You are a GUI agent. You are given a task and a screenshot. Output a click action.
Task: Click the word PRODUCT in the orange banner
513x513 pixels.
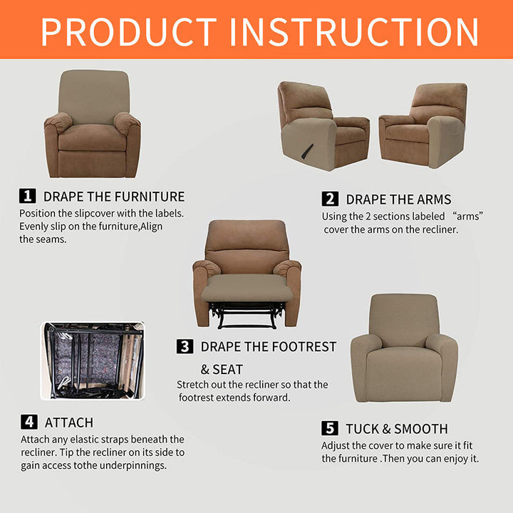pyautogui.click(x=128, y=32)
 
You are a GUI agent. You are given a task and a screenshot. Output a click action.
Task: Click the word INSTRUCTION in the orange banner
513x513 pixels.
pyautogui.click(x=354, y=32)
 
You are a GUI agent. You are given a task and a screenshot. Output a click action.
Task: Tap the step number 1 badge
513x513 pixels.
pyautogui.click(x=28, y=196)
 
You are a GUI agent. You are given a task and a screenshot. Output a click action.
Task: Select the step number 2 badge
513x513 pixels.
pyautogui.click(x=330, y=199)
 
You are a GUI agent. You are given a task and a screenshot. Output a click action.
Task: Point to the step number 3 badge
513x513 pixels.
pyautogui.click(x=185, y=346)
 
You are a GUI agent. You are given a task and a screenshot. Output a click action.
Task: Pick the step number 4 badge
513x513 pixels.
pyautogui.click(x=29, y=422)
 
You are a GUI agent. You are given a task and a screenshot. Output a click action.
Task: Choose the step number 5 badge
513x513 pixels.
pyautogui.click(x=330, y=428)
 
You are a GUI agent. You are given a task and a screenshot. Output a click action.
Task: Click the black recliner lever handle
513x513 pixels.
pyautogui.click(x=307, y=152)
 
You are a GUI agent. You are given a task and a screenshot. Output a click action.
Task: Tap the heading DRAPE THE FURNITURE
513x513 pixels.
pyautogui.click(x=114, y=197)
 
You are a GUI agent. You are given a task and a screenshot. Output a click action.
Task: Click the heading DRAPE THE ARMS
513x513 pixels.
pyautogui.click(x=398, y=199)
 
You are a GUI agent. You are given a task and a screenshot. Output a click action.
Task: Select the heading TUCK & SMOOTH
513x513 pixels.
pyautogui.click(x=397, y=429)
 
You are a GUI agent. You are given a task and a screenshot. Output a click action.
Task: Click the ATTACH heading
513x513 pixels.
pyautogui.click(x=69, y=423)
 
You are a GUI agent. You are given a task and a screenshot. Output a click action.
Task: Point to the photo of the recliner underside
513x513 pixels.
pyautogui.click(x=92, y=361)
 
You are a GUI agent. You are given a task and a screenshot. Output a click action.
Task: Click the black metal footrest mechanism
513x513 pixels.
pyautogui.click(x=247, y=315)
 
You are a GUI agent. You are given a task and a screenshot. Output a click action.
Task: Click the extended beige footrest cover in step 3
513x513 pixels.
pyautogui.click(x=247, y=289)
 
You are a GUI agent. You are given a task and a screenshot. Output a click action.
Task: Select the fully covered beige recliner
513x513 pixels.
pyautogui.click(x=404, y=348)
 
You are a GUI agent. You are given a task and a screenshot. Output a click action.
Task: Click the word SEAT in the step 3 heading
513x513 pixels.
pyautogui.click(x=228, y=370)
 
